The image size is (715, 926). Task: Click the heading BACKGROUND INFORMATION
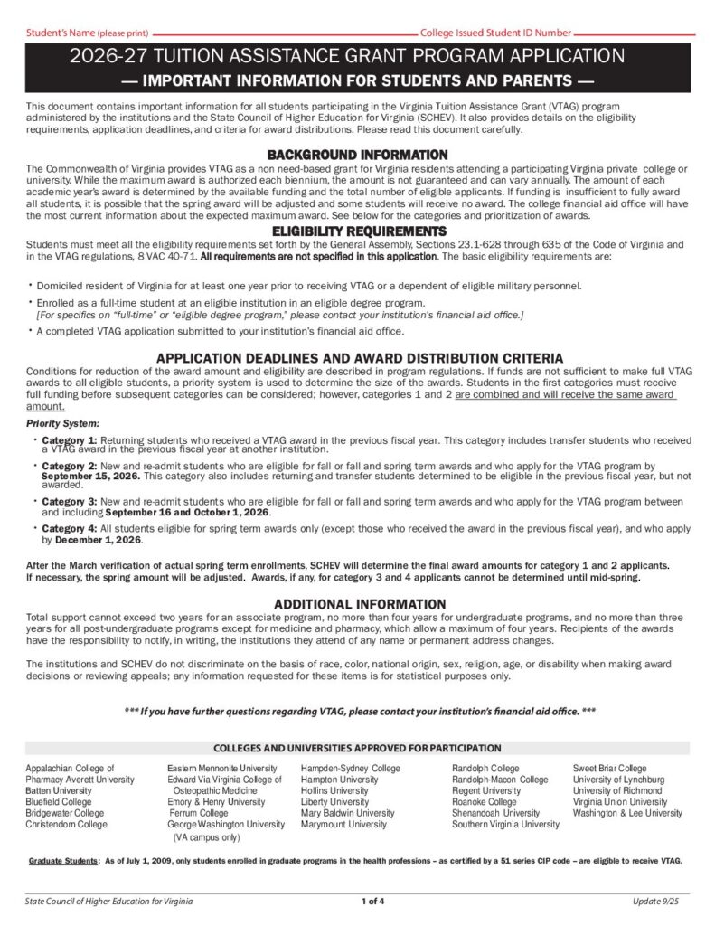coord(357,155)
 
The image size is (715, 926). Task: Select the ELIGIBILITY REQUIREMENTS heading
coord(357,231)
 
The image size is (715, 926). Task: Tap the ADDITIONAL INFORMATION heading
coord(359,604)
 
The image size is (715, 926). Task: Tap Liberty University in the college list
coord(334,802)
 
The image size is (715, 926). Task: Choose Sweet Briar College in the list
coord(609,769)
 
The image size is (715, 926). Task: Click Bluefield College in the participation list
coord(58,802)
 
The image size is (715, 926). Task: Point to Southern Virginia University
coord(505,825)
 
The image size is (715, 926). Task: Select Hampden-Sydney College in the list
coord(350,769)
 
